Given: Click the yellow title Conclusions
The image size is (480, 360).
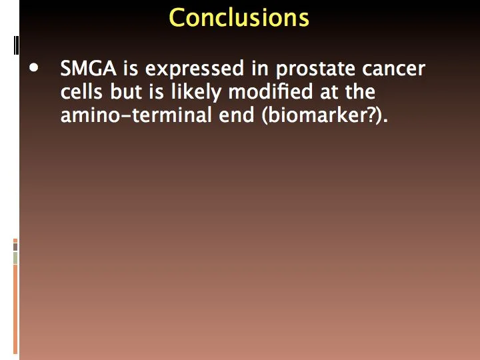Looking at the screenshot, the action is pyautogui.click(x=239, y=18).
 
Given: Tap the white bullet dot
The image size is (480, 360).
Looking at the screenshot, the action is pyautogui.click(x=34, y=68).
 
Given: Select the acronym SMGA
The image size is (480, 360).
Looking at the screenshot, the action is pyautogui.click(x=88, y=68).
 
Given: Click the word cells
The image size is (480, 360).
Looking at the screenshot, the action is pyautogui.click(x=81, y=91).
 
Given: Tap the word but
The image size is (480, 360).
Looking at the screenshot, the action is pyautogui.click(x=126, y=91).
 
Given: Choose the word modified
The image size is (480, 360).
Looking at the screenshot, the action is pyautogui.click(x=270, y=91).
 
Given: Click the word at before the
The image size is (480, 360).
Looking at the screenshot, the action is pyautogui.click(x=329, y=93).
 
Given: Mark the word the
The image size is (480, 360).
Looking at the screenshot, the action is pyautogui.click(x=360, y=91).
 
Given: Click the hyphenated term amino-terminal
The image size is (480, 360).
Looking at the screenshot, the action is pyautogui.click(x=136, y=115).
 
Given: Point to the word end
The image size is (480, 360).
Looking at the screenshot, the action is pyautogui.click(x=236, y=115).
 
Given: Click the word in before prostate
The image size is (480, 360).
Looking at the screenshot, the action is pyautogui.click(x=260, y=69).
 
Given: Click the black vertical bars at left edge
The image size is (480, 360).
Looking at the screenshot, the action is pyautogui.click(x=16, y=45).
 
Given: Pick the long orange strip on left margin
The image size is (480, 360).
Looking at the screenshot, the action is pyautogui.click(x=15, y=309).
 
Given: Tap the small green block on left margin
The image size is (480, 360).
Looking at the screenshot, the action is pyautogui.click(x=15, y=258).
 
